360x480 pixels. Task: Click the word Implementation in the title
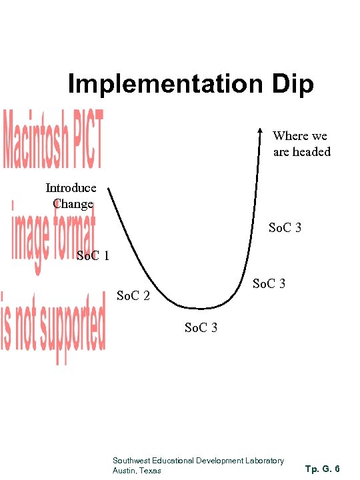point(163,85)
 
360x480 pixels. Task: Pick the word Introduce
point(71,188)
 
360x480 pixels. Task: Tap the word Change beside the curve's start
point(73,203)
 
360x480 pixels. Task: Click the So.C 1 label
point(94,255)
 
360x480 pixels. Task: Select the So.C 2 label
point(133,294)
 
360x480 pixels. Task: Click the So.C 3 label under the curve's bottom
point(200,328)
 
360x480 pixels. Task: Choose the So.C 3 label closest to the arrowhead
point(285,228)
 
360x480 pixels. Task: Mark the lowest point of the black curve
point(199,309)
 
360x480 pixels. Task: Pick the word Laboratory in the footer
point(265,461)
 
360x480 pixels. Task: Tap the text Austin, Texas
point(137,471)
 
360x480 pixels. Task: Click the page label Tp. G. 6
point(322,469)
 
